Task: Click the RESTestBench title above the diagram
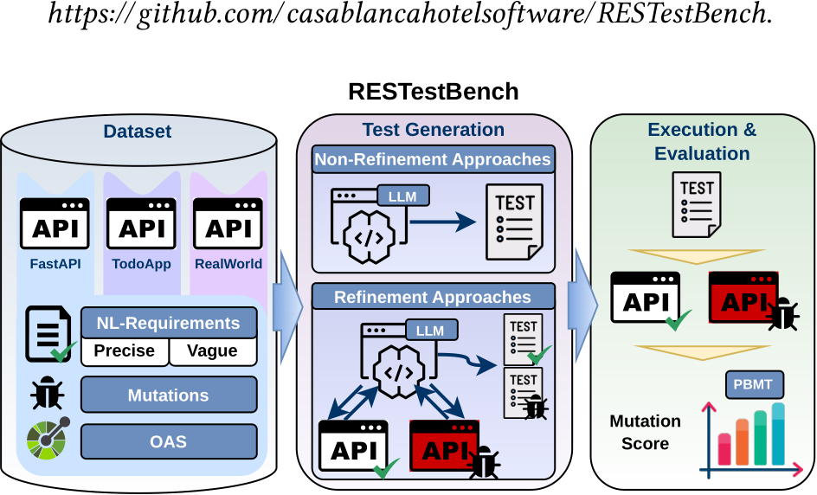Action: click(x=433, y=92)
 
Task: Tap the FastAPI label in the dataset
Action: click(x=55, y=264)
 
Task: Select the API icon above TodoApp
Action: click(x=141, y=223)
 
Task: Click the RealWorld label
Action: click(x=228, y=264)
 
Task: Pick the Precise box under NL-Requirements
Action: click(x=125, y=351)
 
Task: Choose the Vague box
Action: click(x=213, y=351)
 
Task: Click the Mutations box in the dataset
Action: click(x=169, y=395)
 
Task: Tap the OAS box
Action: click(x=169, y=441)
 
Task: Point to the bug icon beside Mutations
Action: click(x=47, y=394)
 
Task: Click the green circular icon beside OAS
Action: click(x=48, y=439)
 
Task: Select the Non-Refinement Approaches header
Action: click(x=433, y=159)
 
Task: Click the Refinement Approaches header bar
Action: click(x=433, y=297)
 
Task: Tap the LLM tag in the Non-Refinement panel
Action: click(x=402, y=196)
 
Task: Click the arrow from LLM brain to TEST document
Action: click(x=443, y=222)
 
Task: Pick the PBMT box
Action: click(x=754, y=384)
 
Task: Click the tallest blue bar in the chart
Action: click(x=778, y=434)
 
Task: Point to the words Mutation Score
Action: click(x=645, y=432)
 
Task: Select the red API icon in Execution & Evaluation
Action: click(x=743, y=298)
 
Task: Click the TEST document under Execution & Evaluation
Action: click(x=697, y=205)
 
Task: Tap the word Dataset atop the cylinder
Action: click(x=138, y=132)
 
